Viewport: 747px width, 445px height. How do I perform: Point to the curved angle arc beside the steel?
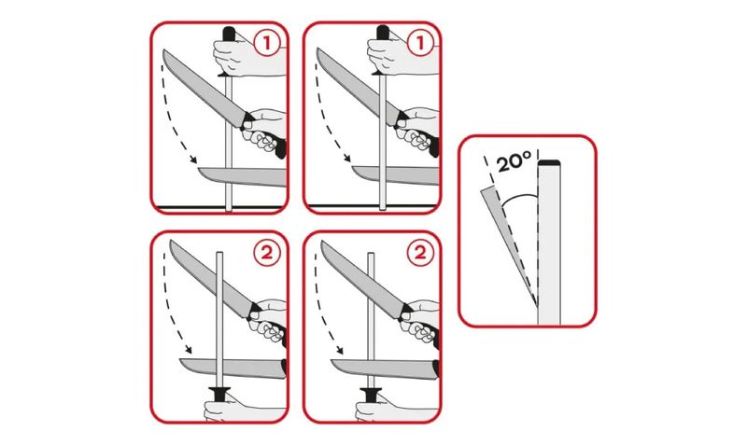pos(518,196)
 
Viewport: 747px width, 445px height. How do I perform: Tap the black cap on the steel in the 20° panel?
pos(549,163)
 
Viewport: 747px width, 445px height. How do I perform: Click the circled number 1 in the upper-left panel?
pos(267,43)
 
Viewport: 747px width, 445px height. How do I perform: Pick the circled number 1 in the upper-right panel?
pos(420,43)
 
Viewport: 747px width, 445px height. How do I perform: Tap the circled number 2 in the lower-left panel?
pos(267,253)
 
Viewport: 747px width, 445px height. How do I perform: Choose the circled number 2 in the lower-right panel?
pos(420,253)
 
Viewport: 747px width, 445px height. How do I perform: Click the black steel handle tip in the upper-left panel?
pos(229,34)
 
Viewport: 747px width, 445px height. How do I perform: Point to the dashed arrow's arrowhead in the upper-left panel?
pos(193,160)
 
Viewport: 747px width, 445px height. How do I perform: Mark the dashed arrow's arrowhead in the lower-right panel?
pos(339,350)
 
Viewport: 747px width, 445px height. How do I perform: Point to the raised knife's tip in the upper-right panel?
pos(318,49)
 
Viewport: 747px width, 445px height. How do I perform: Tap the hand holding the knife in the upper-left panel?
pos(265,131)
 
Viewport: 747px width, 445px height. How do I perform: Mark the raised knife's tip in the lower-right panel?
pos(323,243)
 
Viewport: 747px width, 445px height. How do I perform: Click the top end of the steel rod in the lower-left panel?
pos(219,253)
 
